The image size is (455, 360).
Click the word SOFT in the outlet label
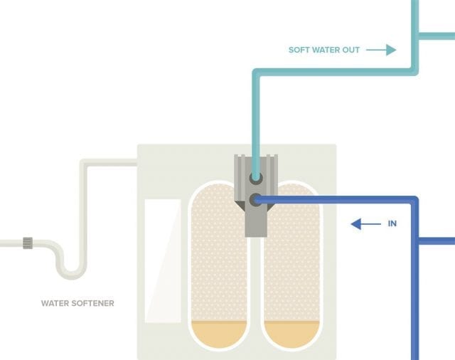(x=299, y=50)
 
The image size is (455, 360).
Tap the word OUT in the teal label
(x=351, y=50)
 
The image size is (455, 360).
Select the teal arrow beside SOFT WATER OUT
(x=381, y=50)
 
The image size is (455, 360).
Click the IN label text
(x=392, y=223)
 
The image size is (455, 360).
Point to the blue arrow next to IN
(x=365, y=224)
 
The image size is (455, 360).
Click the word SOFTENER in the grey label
(x=93, y=303)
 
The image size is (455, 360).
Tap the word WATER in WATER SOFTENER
(x=55, y=303)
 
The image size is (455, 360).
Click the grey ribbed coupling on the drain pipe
(x=28, y=243)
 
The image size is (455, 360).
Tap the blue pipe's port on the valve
(x=256, y=200)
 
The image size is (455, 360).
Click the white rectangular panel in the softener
(x=163, y=260)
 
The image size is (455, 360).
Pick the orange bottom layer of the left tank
(x=219, y=333)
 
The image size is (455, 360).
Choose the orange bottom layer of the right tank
(x=292, y=333)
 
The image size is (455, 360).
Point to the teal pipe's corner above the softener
(x=256, y=73)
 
